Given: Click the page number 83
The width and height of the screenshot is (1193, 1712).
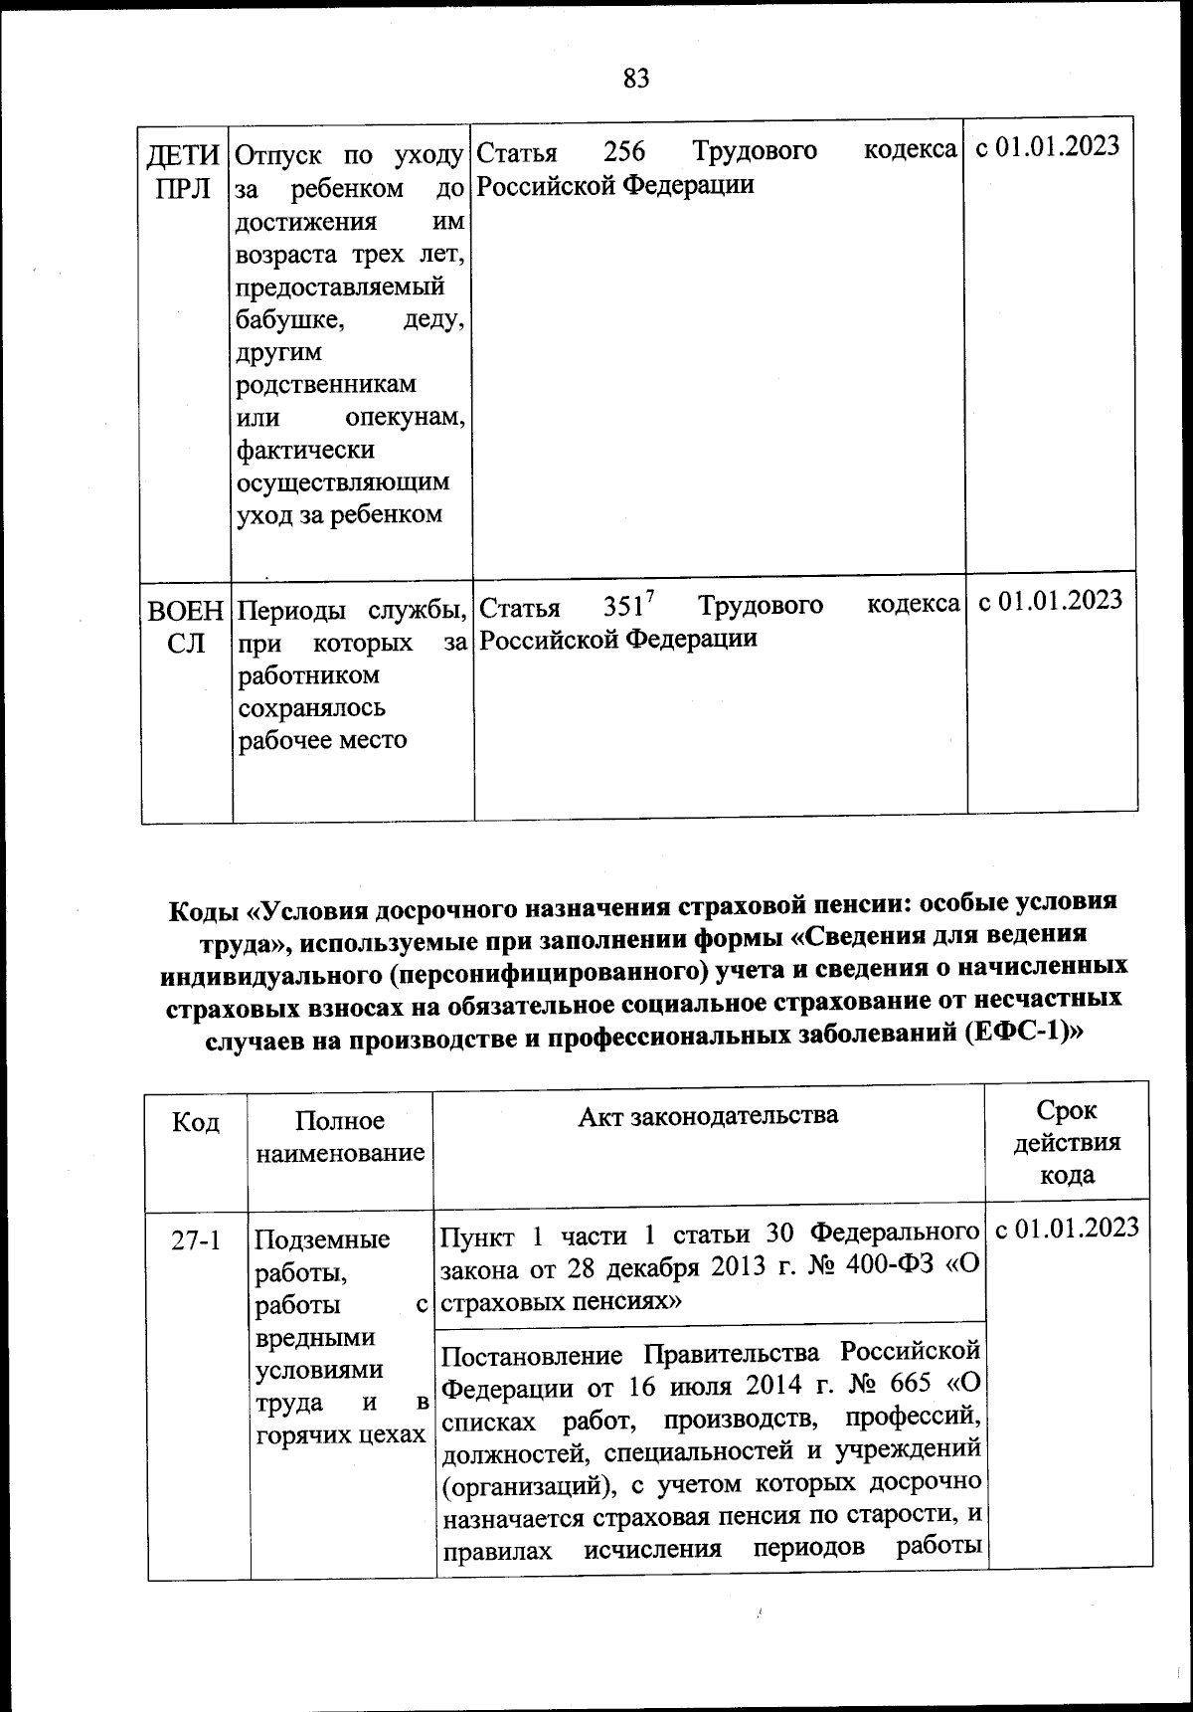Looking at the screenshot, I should (x=636, y=78).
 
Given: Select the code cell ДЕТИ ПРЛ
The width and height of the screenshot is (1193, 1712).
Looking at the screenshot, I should (x=184, y=171).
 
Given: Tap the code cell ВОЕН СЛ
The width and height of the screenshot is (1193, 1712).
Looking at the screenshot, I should (x=186, y=627).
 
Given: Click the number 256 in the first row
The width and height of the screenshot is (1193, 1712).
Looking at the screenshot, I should (x=624, y=151).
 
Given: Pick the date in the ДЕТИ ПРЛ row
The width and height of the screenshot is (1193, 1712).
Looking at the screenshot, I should (x=1048, y=146).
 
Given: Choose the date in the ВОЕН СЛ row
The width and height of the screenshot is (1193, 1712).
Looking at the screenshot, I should (x=1051, y=601).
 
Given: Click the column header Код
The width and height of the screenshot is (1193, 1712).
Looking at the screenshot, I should (x=196, y=1121).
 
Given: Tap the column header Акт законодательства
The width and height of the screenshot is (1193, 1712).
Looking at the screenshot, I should (x=708, y=1115).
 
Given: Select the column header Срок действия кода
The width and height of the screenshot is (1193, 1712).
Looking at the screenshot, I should (x=1067, y=1142).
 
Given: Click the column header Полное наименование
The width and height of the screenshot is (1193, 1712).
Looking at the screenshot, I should (x=340, y=1136).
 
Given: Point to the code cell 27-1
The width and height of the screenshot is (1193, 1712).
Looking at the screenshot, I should (x=196, y=1240).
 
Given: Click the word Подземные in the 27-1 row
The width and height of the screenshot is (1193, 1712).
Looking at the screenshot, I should (x=323, y=1239).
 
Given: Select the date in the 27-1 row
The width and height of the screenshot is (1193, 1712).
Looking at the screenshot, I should (x=1067, y=1228).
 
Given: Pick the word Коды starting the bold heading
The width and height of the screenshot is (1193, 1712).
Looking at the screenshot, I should (x=204, y=910).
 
